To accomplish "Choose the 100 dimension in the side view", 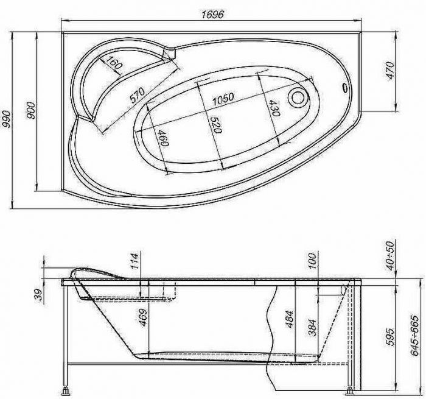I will [x=312, y=261].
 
